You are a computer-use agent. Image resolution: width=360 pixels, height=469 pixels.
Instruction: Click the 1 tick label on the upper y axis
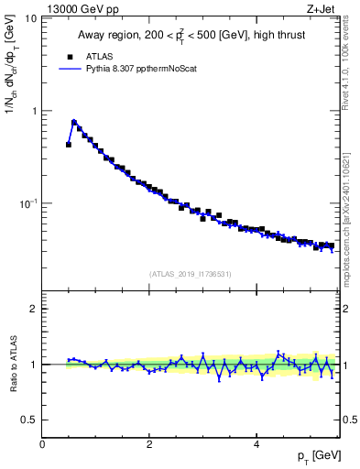34,111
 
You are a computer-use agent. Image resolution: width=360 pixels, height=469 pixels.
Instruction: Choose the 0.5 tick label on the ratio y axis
29,420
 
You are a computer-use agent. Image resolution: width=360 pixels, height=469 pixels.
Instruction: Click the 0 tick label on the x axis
42,444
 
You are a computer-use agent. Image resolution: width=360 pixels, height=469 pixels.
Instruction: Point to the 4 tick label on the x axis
256,444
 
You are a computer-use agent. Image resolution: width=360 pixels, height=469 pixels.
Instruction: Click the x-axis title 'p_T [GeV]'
317,457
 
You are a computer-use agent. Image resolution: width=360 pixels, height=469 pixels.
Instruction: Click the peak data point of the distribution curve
74,122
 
